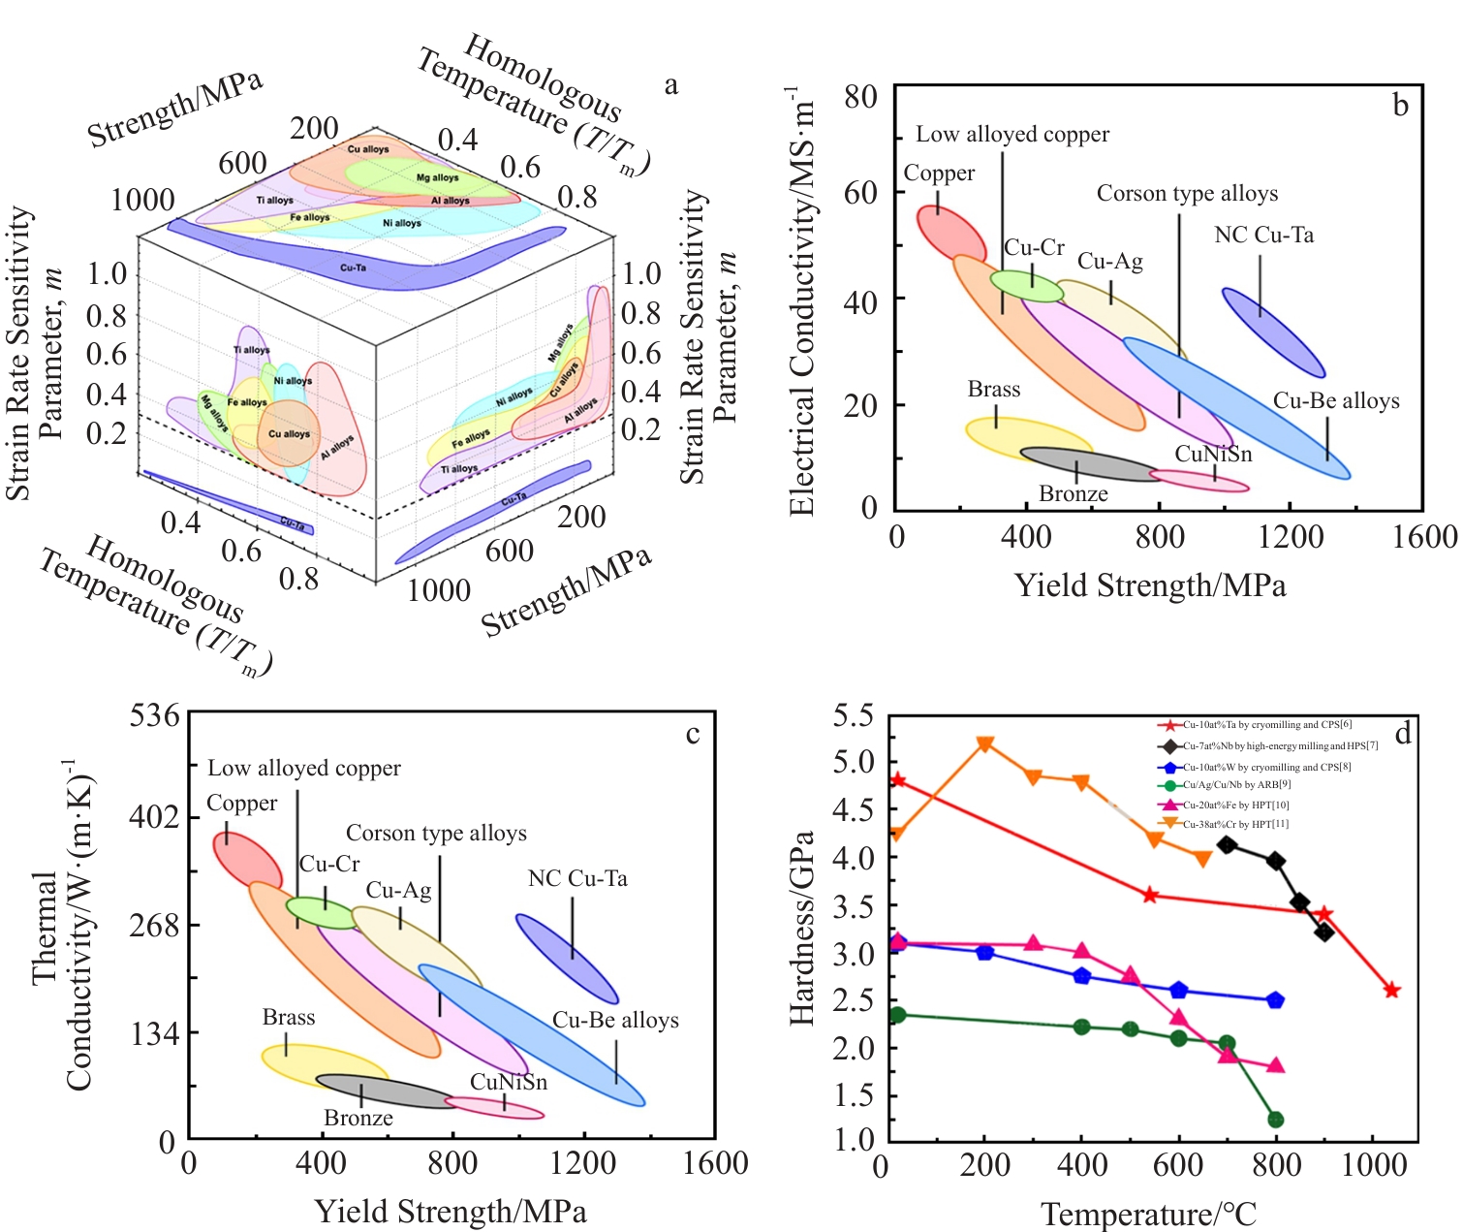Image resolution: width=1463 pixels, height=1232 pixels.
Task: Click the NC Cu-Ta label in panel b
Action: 1263,236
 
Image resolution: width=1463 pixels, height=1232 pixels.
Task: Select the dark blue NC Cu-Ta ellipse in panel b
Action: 1273,332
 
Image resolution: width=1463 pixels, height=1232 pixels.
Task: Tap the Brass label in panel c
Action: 289,1018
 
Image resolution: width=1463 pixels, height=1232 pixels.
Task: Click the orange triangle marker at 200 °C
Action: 985,744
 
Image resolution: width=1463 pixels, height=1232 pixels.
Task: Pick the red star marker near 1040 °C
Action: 1391,990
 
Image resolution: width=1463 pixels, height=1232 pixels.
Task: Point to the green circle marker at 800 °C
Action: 1275,1120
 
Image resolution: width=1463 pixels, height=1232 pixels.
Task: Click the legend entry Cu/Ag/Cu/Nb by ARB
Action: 1226,785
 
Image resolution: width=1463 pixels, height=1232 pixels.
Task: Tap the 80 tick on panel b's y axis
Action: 860,96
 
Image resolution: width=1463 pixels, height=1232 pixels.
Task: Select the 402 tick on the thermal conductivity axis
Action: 155,817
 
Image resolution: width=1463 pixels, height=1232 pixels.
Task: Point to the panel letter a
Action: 670,85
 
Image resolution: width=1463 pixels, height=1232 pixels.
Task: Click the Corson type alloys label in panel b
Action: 1187,194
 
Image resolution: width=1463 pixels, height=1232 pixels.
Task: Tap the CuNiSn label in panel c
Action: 509,1083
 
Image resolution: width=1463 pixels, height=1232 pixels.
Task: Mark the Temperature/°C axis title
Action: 1148,1215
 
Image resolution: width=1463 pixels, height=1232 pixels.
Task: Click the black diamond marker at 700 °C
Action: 1227,845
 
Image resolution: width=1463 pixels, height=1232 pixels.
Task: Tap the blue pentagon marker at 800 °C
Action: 1275,999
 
